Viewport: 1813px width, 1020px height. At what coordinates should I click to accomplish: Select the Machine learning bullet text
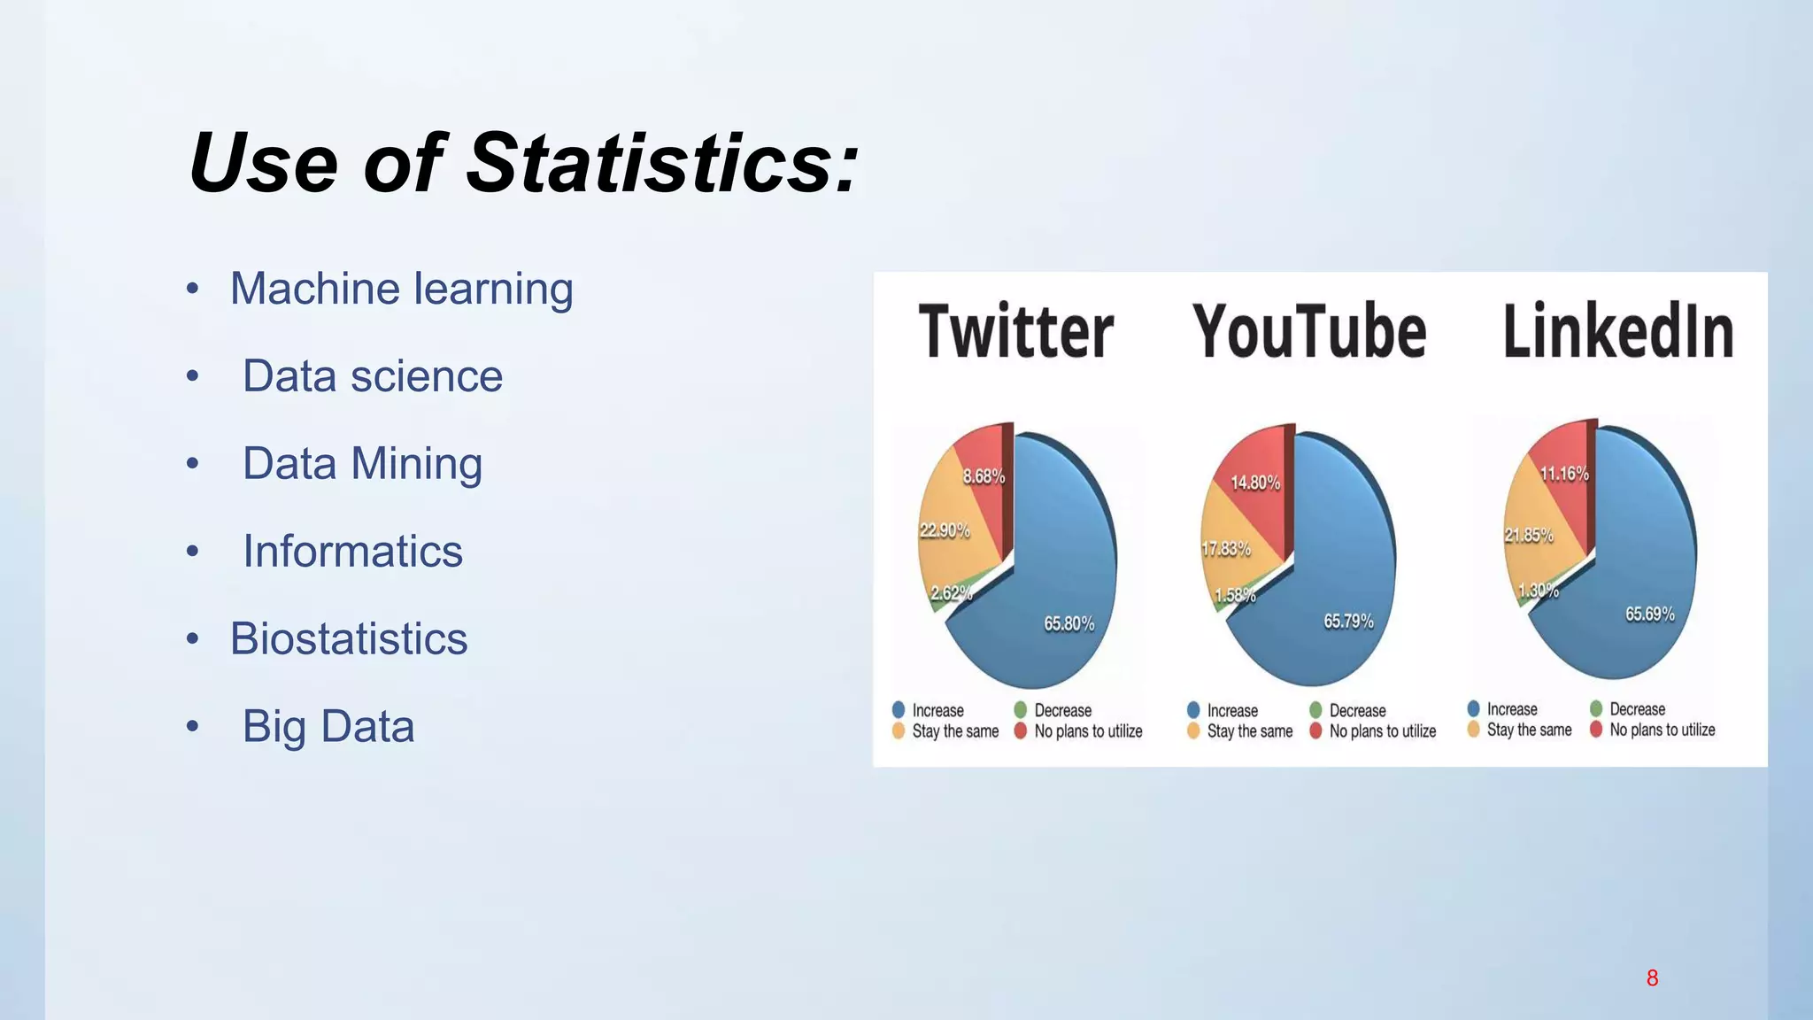(401, 290)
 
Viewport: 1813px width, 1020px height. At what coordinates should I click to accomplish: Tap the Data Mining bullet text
(362, 464)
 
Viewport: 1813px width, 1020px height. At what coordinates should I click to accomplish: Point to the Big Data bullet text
(328, 727)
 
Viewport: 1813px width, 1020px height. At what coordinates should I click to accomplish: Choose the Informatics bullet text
(352, 552)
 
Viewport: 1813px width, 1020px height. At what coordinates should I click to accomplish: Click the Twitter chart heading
(1015, 332)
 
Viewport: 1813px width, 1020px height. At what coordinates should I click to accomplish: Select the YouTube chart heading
(1309, 332)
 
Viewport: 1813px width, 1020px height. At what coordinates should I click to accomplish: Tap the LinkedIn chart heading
(1617, 332)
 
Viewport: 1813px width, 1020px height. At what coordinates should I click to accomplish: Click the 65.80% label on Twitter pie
(1069, 624)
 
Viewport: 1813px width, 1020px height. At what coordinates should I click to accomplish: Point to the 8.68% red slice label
(984, 476)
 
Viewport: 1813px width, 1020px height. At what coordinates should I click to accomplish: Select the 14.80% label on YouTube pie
(1255, 483)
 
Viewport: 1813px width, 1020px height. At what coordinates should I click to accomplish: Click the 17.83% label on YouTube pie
(1226, 549)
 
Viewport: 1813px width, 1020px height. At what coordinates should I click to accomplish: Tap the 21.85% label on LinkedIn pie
(1529, 535)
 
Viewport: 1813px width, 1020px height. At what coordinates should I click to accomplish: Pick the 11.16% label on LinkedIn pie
(1564, 474)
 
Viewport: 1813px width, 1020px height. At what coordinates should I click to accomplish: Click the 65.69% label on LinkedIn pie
(1649, 614)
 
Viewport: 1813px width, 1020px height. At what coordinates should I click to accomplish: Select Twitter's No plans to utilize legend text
(1088, 731)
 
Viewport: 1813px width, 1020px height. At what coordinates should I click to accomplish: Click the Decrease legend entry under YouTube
(1357, 711)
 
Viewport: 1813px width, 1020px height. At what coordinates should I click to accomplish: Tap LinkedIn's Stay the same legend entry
(1529, 730)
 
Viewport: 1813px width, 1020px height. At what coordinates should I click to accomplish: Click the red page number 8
(1652, 978)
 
